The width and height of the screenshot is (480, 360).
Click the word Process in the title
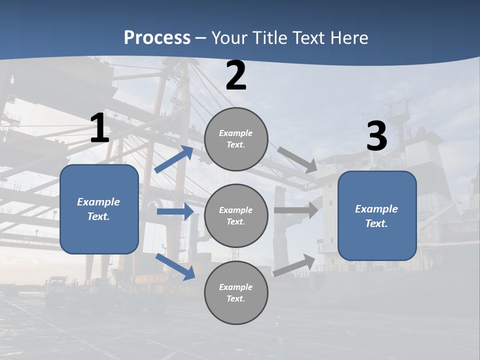[157, 37]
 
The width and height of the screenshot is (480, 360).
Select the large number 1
[99, 128]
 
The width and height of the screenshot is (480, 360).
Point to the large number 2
[236, 76]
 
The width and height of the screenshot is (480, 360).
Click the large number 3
[376, 136]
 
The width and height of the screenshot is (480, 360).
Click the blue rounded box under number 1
[99, 209]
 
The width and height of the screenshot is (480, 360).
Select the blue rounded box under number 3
[377, 216]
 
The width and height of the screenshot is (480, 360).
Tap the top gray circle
[236, 139]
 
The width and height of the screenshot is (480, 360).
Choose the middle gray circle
[236, 216]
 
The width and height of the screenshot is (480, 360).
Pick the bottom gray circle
[236, 293]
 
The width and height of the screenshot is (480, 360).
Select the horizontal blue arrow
[175, 211]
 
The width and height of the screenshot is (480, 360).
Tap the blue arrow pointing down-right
[175, 266]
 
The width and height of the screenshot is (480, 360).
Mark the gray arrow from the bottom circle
[294, 265]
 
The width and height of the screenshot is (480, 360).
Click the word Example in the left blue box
[98, 202]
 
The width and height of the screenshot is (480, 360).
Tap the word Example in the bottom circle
[236, 287]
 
